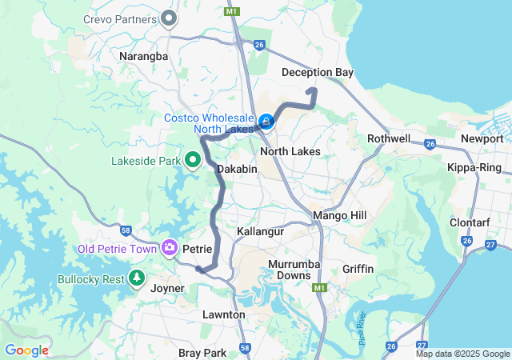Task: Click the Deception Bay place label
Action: [x=318, y=73]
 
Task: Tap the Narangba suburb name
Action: [x=143, y=57]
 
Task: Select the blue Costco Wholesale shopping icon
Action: [x=266, y=122]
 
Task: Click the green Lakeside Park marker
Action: [x=193, y=161]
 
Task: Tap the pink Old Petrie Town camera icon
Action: [x=169, y=248]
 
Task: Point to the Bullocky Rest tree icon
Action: [x=137, y=279]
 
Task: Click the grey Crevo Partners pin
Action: [x=169, y=18]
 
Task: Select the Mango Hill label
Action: [x=339, y=216]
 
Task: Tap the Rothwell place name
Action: [x=389, y=138]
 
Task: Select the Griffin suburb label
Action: [x=358, y=269]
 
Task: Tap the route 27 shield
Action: [x=490, y=245]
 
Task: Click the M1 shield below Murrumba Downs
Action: [x=321, y=287]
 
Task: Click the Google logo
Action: [x=26, y=350]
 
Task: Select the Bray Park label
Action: [x=201, y=353]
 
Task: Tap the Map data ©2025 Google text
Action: [x=462, y=354]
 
